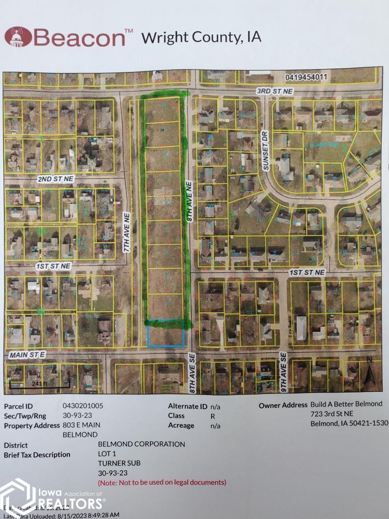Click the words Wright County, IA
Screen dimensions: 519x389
click(x=201, y=37)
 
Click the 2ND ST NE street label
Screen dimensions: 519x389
click(x=55, y=179)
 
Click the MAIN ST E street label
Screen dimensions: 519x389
click(x=27, y=356)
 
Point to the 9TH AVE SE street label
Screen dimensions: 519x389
click(x=283, y=373)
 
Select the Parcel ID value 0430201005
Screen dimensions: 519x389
click(x=83, y=405)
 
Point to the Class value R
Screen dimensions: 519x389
click(x=212, y=416)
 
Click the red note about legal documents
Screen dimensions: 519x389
click(x=162, y=483)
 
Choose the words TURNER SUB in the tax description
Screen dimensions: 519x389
click(x=119, y=463)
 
